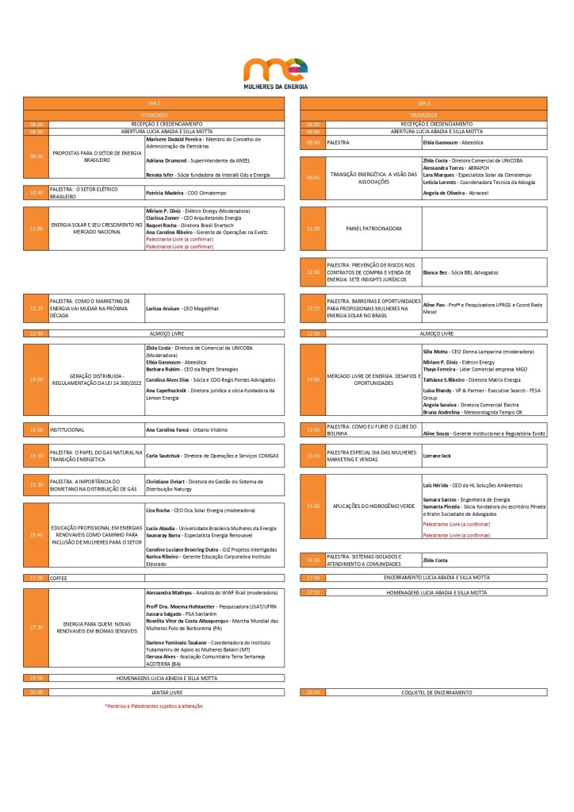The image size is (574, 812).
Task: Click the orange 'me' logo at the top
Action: coord(275,69)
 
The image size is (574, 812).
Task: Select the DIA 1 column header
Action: coord(155,103)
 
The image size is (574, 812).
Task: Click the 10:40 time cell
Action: coord(36,192)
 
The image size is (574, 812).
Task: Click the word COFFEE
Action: coord(59,579)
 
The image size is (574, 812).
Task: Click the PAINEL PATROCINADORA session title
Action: coord(374,229)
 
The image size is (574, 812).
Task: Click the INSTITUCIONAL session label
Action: coord(67,429)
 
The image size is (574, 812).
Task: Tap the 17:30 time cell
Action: coord(36,627)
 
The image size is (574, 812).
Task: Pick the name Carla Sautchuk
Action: coord(163,456)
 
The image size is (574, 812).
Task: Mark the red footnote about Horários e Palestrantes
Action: coord(154,706)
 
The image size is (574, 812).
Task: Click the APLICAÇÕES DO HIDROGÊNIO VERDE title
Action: coord(373,506)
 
